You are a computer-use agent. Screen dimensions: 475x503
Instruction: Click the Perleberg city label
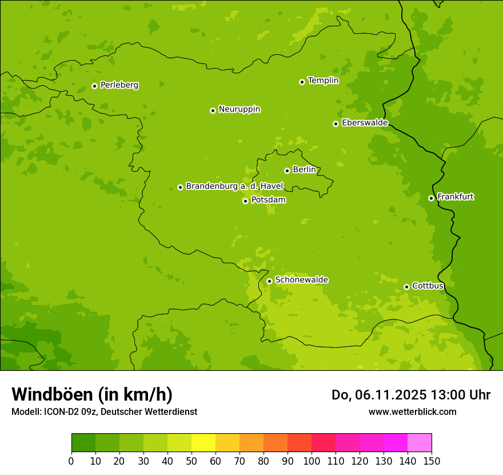pos(119,85)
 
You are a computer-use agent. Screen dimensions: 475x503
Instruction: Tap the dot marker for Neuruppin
pos(213,110)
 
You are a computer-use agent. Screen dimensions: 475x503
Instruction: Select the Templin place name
pos(323,81)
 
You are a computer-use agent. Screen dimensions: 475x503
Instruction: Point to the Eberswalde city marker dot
pos(336,124)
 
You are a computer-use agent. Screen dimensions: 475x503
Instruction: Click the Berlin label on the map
pos(304,170)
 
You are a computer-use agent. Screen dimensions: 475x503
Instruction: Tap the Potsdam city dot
pos(245,201)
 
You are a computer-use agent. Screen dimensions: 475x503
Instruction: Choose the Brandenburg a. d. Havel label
pos(234,187)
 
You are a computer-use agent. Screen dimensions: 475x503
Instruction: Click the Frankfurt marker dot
pos(431,198)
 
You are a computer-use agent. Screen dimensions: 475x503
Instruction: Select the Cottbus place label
pos(428,286)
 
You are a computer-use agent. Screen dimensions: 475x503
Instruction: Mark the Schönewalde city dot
pos(269,281)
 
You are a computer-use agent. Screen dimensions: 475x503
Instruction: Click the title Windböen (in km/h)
pos(92,394)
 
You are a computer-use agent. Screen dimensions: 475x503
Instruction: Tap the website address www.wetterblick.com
pos(412,411)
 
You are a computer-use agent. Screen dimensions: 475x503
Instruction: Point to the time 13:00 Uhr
pos(461,395)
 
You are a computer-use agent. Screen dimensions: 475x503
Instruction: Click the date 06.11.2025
pos(390,395)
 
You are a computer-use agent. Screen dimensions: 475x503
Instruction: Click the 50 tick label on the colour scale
pos(191,461)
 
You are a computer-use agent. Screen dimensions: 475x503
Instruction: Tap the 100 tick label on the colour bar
pos(311,461)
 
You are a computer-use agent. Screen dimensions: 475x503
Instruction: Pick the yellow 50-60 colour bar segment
pos(203,443)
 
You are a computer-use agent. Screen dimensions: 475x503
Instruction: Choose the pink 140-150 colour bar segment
pos(419,443)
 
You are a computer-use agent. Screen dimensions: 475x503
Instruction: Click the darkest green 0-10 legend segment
pos(83,443)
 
